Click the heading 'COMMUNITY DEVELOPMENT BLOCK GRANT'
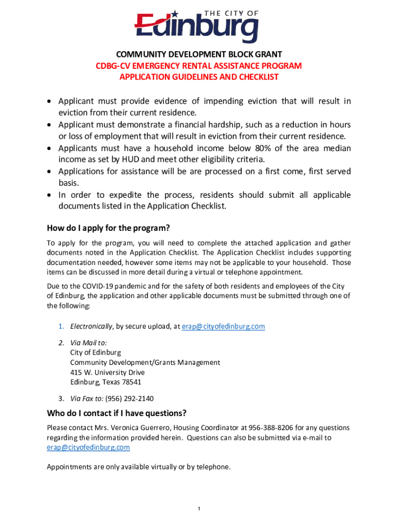(x=199, y=54)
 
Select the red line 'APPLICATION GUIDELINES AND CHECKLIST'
(x=199, y=77)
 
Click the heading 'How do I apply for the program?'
(x=109, y=228)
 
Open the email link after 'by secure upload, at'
(x=223, y=327)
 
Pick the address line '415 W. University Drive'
(x=108, y=373)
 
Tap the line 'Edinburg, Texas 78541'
(x=105, y=382)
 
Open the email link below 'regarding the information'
(x=88, y=448)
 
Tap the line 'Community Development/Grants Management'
(x=145, y=362)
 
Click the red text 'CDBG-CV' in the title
(x=111, y=66)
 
